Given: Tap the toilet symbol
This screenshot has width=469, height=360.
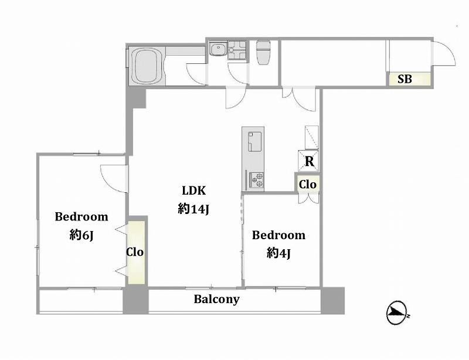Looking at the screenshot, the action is [263, 53].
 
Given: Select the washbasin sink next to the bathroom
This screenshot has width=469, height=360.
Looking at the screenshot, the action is [217, 49].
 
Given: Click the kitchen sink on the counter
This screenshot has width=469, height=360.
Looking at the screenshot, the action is [254, 141].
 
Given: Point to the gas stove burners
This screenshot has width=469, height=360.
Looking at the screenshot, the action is [257, 179].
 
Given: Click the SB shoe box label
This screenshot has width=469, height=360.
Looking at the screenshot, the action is [405, 79].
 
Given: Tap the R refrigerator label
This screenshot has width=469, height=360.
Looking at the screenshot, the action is [310, 161].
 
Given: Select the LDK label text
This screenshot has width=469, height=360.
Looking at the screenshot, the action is [194, 191].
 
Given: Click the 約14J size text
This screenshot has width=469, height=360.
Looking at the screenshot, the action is [193, 209].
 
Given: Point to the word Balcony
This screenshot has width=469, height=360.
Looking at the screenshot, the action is [216, 299].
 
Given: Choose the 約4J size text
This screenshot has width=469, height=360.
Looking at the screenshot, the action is [278, 254].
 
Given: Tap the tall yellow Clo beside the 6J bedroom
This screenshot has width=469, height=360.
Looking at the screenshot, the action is [136, 252].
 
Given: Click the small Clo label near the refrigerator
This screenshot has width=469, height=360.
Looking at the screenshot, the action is [308, 184].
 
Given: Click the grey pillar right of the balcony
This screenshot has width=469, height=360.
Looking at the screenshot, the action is [332, 300].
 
